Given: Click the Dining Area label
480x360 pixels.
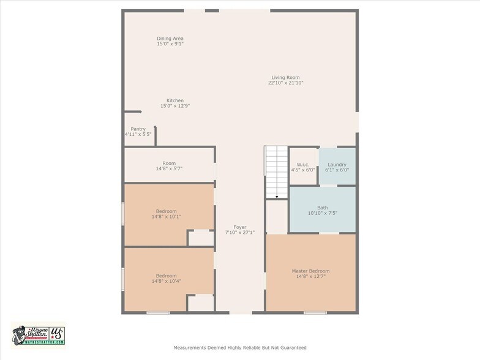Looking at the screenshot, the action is (170, 39).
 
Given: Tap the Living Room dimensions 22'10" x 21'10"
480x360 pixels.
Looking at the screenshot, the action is (285, 83).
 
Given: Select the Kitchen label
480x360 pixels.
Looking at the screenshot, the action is (175, 100).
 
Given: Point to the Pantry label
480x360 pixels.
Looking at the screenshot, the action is (138, 129).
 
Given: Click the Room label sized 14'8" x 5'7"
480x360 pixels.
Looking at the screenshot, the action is (169, 163).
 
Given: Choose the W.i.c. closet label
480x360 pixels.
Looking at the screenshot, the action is (302, 164).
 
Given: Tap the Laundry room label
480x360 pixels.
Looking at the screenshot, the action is (337, 165).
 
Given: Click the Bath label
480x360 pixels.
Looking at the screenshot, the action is (322, 208).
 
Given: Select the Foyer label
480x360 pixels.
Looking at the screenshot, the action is (240, 227).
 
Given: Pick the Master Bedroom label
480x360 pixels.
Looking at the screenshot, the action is (311, 271).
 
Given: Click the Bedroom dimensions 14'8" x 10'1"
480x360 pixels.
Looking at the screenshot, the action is (167, 217).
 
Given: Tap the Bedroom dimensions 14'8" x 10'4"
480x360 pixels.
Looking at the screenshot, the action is (167, 281).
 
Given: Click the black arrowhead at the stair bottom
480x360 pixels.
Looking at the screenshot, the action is (277, 197).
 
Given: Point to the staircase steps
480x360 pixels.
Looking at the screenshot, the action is (277, 172).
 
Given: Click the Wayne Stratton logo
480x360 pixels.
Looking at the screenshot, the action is (38, 336).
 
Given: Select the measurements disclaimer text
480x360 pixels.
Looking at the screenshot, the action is (240, 348).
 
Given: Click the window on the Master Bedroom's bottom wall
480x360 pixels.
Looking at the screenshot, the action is (315, 312).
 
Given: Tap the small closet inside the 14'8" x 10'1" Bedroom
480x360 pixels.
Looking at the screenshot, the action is (201, 238).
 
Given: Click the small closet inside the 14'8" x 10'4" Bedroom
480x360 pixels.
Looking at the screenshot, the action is (201, 303).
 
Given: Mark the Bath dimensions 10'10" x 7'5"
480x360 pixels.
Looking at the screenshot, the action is (322, 213).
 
